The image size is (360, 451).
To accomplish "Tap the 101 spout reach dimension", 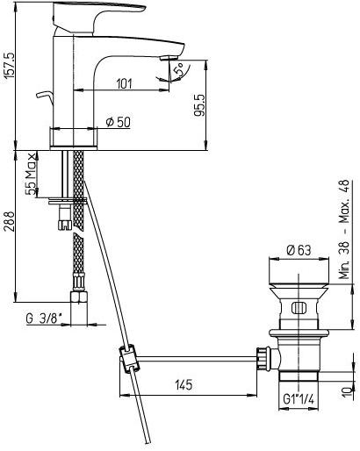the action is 125,84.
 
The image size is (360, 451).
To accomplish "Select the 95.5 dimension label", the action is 200,105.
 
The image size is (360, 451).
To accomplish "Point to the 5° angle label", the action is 179,70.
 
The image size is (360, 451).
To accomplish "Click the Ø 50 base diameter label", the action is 118,122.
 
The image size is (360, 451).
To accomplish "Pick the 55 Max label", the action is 31,174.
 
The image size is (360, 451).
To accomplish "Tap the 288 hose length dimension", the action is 9,222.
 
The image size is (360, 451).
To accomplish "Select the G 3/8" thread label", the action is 44,319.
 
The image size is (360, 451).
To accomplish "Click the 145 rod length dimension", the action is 184,384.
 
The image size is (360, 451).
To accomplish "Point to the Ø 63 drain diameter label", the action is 299,250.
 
